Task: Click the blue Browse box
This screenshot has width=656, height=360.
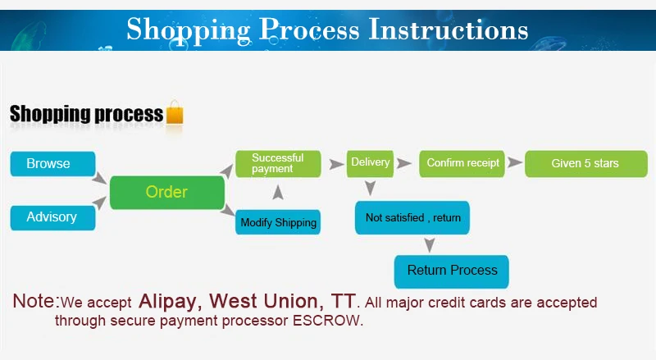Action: click(x=52, y=164)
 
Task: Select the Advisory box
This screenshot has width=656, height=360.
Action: click(x=52, y=217)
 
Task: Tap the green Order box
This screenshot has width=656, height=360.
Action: click(x=167, y=193)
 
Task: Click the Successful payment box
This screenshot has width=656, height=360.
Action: click(x=277, y=163)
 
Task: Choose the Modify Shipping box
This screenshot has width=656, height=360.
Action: click(x=277, y=222)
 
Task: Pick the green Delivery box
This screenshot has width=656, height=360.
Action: click(x=370, y=162)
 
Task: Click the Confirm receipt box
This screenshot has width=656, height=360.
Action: click(x=462, y=163)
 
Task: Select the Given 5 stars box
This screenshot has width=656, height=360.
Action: click(x=585, y=163)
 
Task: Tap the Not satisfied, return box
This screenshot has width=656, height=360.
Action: click(x=412, y=218)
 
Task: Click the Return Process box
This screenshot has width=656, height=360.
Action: click(x=452, y=271)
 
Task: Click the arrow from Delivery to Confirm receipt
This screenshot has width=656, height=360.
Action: click(x=404, y=164)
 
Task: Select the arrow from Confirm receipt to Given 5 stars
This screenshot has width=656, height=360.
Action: click(x=514, y=163)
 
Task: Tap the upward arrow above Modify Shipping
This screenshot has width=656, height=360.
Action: click(x=278, y=193)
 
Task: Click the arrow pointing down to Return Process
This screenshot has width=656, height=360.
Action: click(x=428, y=244)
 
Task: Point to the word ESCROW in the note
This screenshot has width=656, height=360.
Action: click(x=327, y=321)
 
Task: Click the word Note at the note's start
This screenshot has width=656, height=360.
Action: click(x=34, y=301)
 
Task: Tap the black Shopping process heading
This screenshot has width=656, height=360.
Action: click(x=86, y=114)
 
